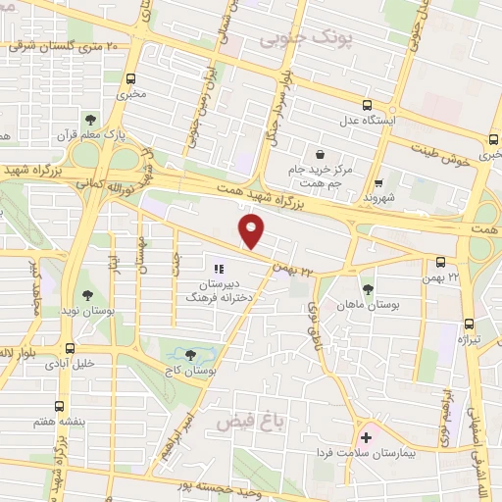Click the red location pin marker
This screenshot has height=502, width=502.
pos(252,231)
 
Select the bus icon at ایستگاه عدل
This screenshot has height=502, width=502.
pos(368,105)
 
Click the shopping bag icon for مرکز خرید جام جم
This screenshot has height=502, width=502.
pos(321,154)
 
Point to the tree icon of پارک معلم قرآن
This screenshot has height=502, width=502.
pos(91,120)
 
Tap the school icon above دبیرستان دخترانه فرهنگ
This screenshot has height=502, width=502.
pos(219,266)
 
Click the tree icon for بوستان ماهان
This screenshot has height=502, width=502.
pos(368,289)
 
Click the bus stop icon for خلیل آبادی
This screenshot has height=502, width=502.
pos(70,347)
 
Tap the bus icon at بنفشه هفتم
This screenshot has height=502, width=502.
pos(60,406)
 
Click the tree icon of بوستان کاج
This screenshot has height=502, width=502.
pos(190,354)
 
